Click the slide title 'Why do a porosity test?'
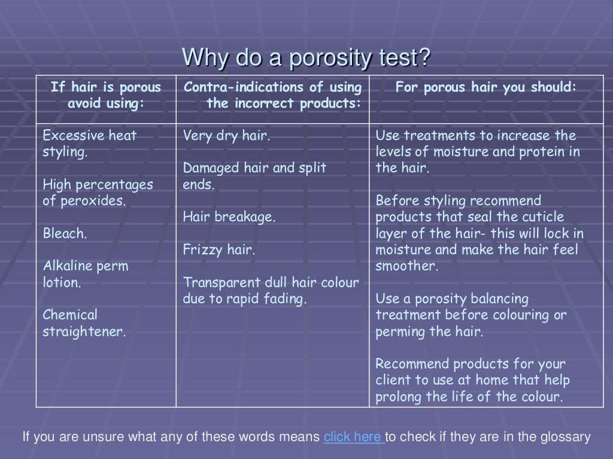[x=306, y=58]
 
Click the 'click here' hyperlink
[x=353, y=437]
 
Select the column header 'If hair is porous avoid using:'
[x=106, y=95]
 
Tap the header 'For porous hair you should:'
[x=485, y=87]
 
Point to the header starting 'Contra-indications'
[x=272, y=95]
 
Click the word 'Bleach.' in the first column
[x=65, y=234]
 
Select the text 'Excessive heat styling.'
[x=89, y=143]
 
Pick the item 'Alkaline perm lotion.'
[x=85, y=274]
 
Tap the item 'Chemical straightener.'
[x=84, y=323]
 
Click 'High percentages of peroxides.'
[x=98, y=192]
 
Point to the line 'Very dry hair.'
[x=226, y=136]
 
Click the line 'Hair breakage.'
[x=229, y=218]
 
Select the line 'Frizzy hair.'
[x=219, y=250]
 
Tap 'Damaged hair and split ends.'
[x=254, y=176]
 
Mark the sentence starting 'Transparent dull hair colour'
[x=271, y=290]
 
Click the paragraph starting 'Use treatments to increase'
[x=477, y=152]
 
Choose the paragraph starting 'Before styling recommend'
[x=479, y=233]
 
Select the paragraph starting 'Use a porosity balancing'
[x=471, y=315]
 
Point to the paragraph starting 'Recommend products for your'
[x=472, y=380]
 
